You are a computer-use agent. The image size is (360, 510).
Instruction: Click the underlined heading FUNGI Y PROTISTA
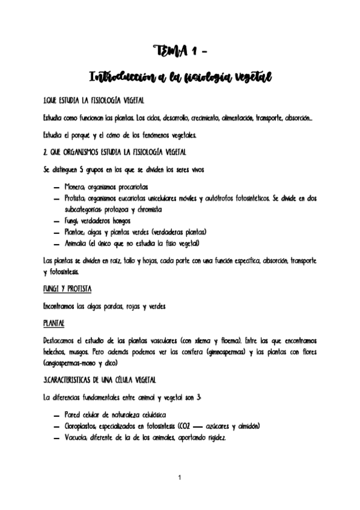point(67,289)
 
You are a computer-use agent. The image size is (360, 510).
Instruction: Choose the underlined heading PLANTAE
point(54,324)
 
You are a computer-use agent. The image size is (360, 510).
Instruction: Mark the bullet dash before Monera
point(56,186)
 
